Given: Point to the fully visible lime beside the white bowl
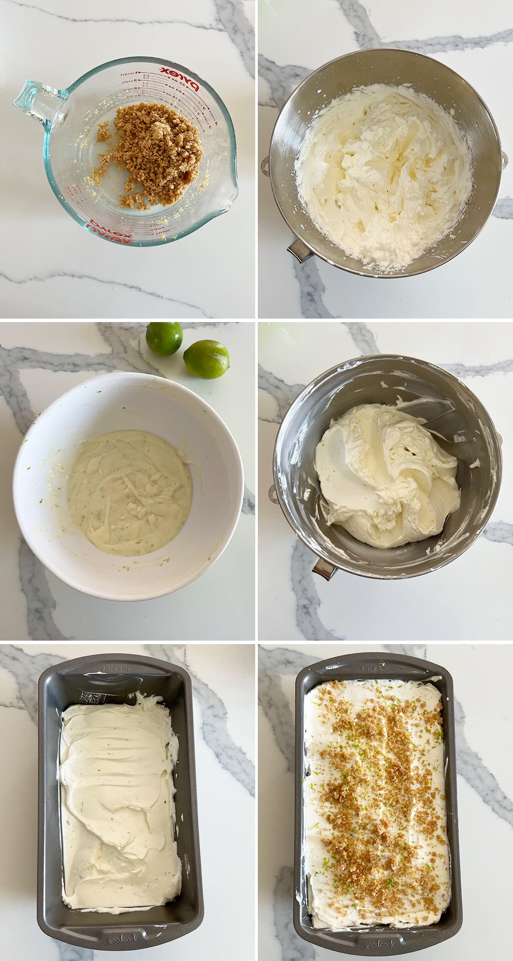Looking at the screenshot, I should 206,359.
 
